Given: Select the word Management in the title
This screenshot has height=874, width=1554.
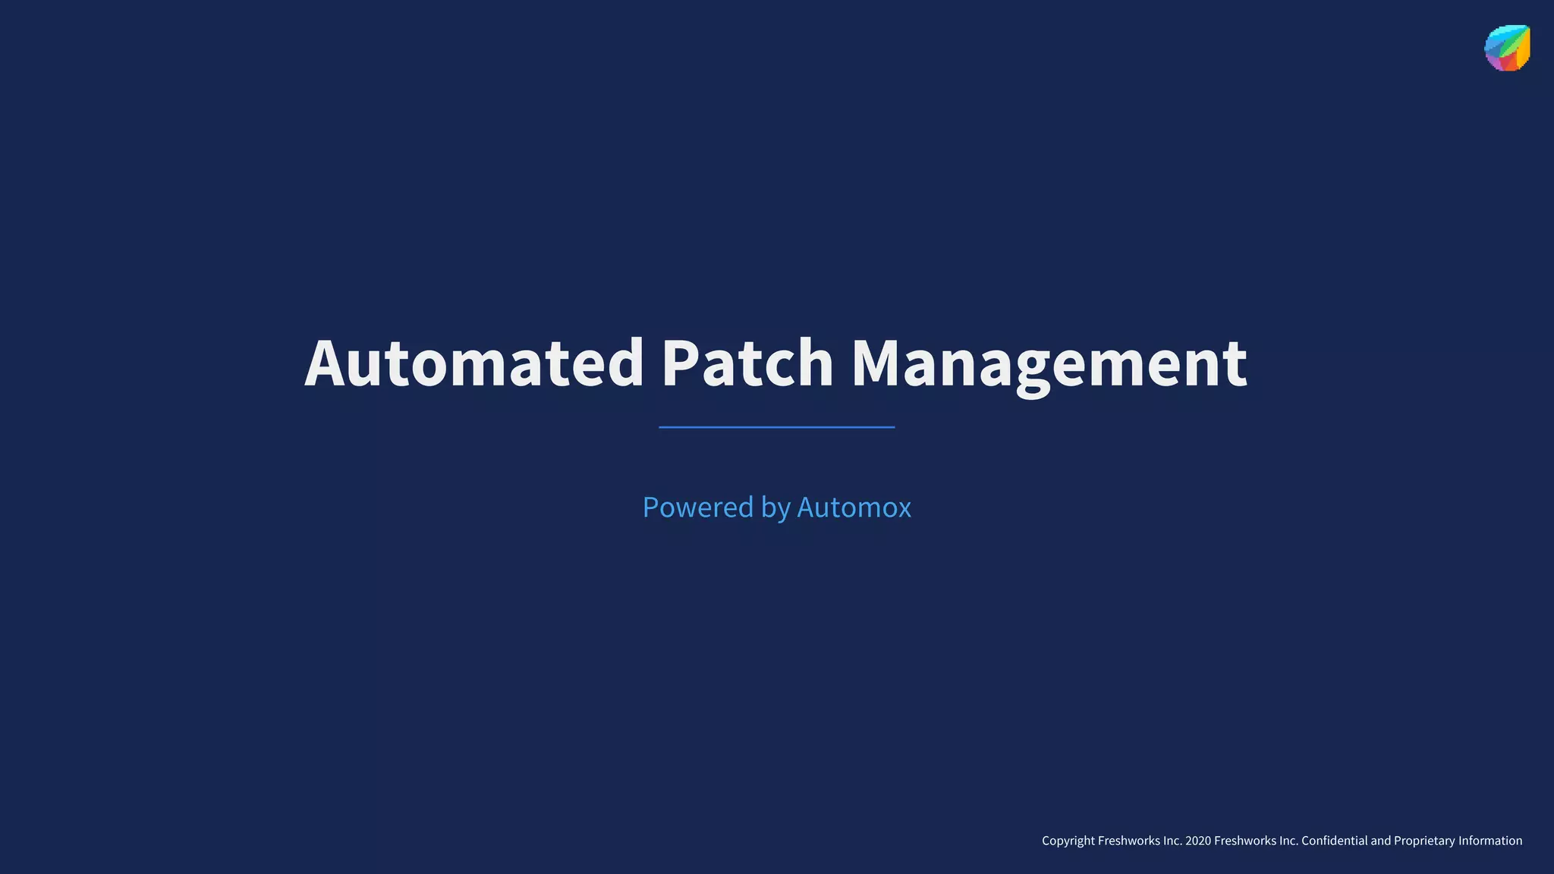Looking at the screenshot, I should [x=1049, y=364].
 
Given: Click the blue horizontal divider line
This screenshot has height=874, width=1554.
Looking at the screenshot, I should [x=776, y=427].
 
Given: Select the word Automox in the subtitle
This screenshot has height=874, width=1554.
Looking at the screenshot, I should [x=854, y=507].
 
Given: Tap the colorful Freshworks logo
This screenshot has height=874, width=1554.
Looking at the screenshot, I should [x=1507, y=48].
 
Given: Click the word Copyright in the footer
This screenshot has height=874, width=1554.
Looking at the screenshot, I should [x=1068, y=841].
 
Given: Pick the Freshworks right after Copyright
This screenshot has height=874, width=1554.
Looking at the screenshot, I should [x=1128, y=841].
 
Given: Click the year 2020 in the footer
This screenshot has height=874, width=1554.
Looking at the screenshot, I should [x=1197, y=841].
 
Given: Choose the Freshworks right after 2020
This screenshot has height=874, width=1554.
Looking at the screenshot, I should [x=1244, y=841].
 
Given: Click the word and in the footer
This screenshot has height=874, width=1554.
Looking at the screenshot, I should [x=1380, y=841].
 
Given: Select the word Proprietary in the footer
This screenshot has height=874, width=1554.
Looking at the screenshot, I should [x=1423, y=841].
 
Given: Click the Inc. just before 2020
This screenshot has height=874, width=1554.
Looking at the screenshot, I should [x=1172, y=841].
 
